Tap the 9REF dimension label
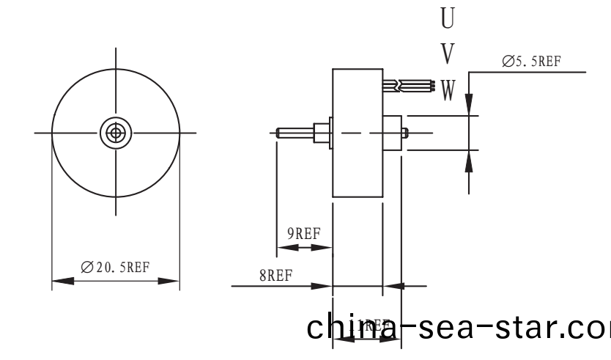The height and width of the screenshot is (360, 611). [303, 234]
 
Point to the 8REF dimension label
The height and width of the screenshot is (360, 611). [275, 276]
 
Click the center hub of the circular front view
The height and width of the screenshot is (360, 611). [115, 133]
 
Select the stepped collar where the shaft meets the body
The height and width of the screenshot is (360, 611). [321, 133]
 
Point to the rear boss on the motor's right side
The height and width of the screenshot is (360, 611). [393, 133]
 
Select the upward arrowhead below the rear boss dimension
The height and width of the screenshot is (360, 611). [470, 161]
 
